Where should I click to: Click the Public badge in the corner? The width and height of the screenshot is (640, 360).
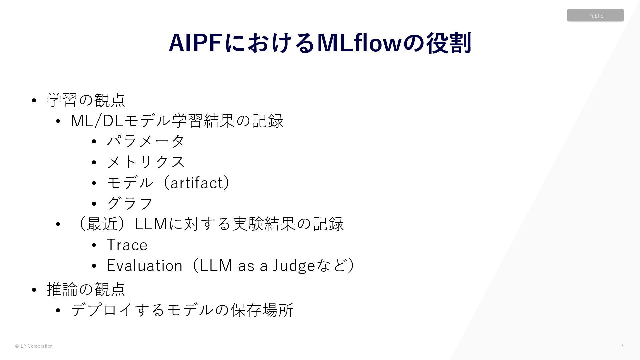click(595, 15)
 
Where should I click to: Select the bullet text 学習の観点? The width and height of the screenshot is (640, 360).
click(86, 100)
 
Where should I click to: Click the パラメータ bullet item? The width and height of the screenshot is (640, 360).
click(145, 141)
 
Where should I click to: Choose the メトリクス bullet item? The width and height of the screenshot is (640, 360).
click(145, 162)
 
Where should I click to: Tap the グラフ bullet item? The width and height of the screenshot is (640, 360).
click(129, 203)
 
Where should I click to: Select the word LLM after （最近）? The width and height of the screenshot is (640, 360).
click(151, 224)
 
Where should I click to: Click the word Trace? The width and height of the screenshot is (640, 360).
click(127, 245)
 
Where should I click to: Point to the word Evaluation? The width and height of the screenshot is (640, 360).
click(144, 266)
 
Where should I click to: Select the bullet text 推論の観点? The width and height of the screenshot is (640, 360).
click(86, 289)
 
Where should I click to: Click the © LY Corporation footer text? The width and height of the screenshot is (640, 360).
click(34, 346)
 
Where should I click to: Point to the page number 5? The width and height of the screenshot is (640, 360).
click(623, 346)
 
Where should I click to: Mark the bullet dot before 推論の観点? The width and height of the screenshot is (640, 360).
click(34, 290)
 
